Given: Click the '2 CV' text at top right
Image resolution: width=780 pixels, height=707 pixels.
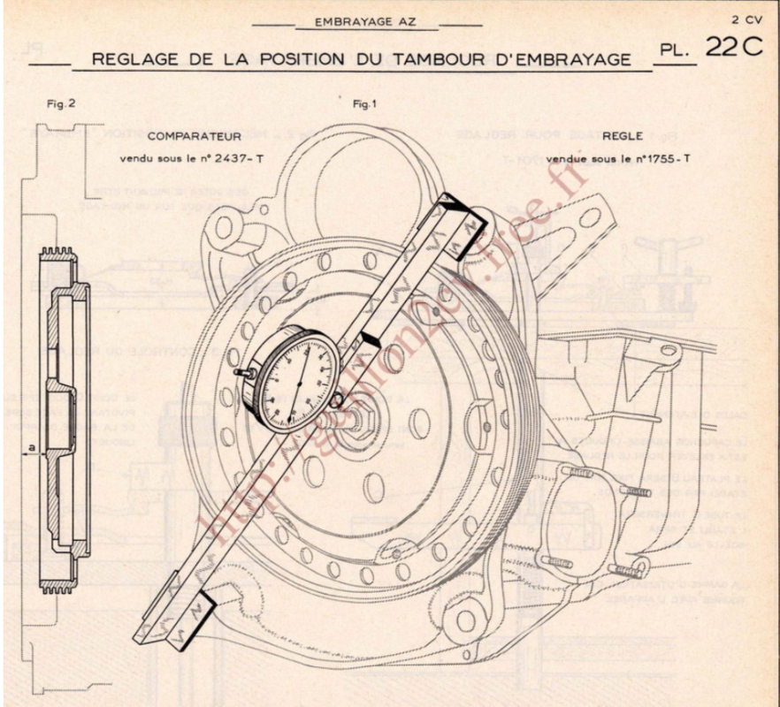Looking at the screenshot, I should point(746,18).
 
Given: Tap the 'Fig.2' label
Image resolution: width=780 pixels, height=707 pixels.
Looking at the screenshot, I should point(61,103).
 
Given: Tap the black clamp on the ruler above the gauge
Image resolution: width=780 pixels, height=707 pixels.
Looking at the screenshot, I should point(369,340).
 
